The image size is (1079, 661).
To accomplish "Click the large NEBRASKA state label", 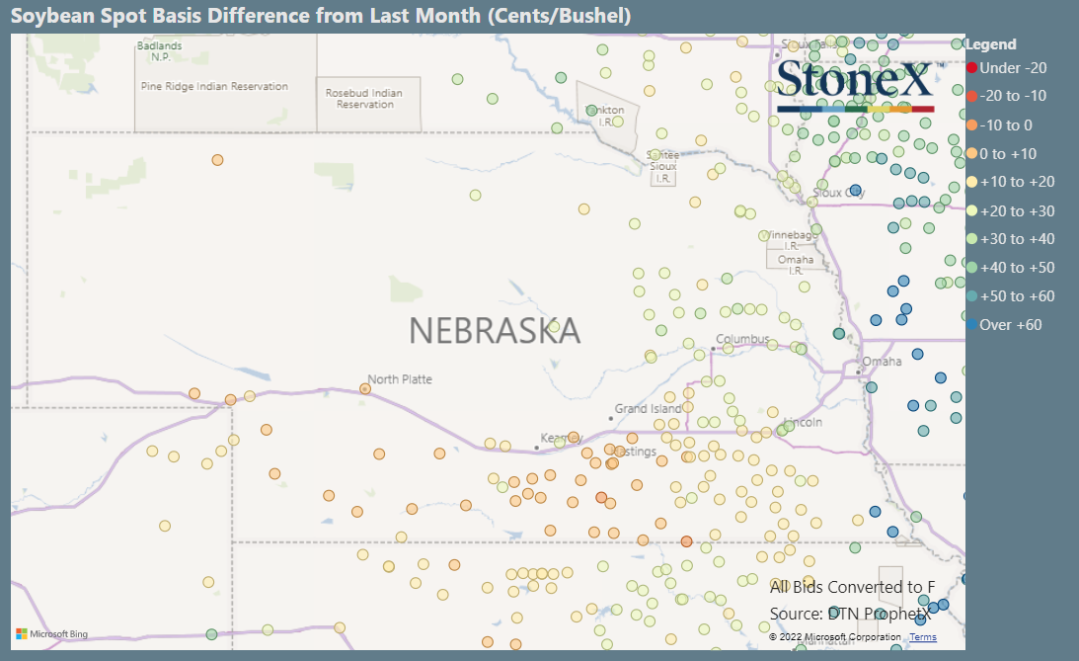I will [x=495, y=331].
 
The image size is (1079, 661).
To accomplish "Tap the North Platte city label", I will [x=400, y=379].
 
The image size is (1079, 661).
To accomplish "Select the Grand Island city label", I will [x=648, y=408].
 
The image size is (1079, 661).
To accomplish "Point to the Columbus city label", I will [x=742, y=339].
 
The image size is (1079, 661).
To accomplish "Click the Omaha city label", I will [x=882, y=362].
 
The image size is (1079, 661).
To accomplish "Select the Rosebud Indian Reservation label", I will [x=364, y=99].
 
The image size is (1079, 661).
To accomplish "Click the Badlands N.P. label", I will [x=160, y=51].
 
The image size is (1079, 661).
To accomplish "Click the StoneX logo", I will [x=855, y=84].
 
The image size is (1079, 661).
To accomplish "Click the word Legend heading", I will [x=990, y=44].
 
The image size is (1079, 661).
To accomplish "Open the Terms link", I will [x=923, y=637].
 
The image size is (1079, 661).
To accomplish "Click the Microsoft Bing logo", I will [x=51, y=633].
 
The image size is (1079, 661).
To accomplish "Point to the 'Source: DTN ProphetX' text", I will [x=850, y=614].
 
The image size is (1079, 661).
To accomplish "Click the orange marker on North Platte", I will [x=365, y=389].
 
